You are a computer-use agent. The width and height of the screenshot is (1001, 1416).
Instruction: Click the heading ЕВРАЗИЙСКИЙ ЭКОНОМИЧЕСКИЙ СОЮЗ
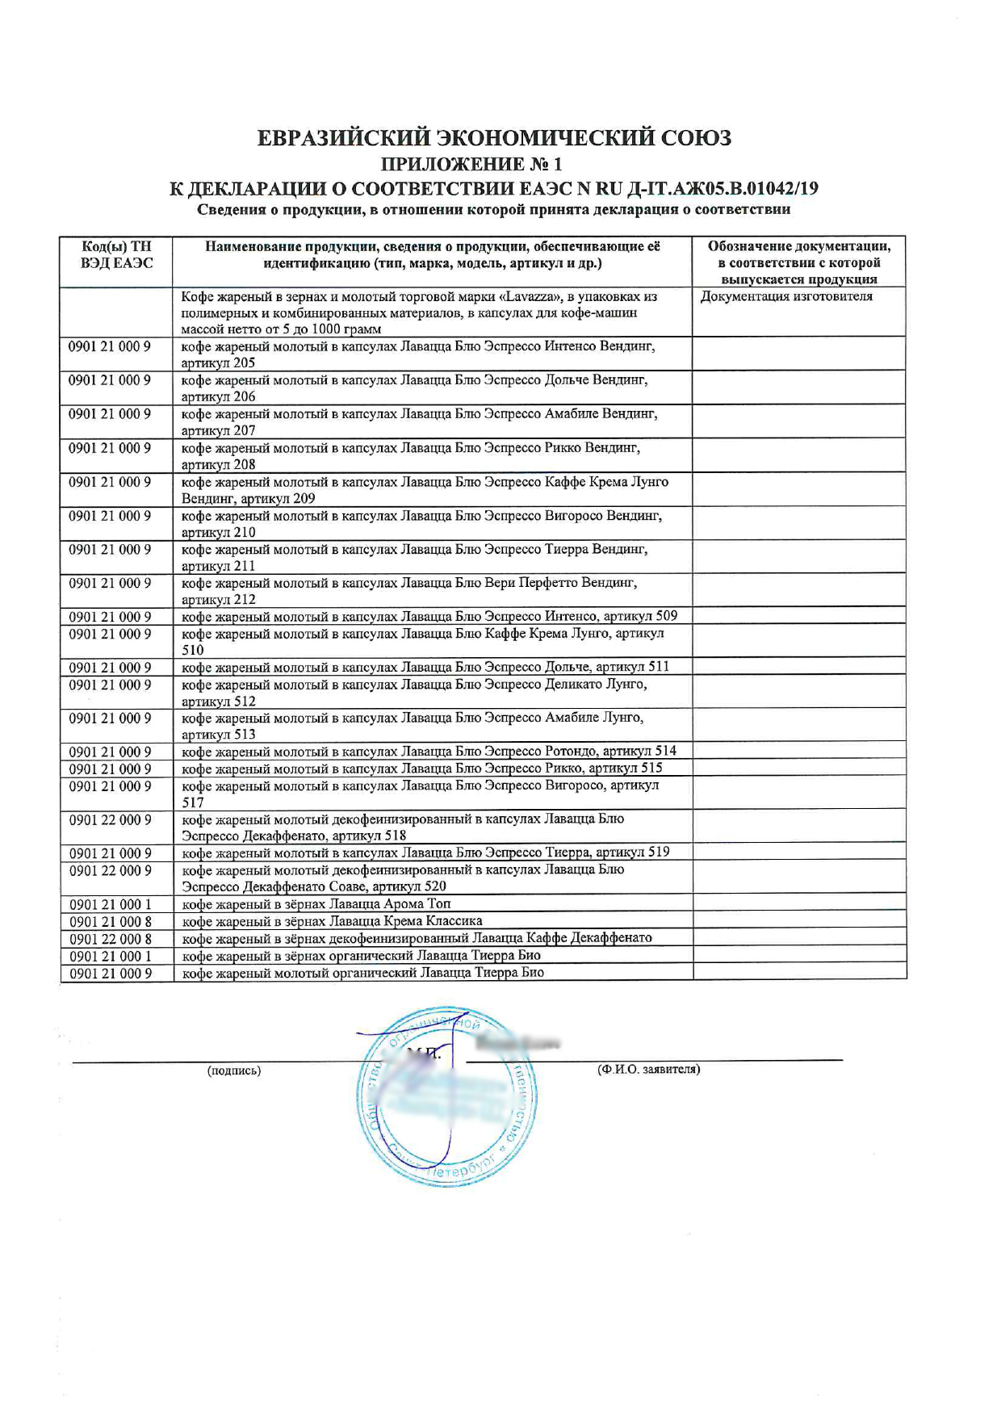[x=494, y=139]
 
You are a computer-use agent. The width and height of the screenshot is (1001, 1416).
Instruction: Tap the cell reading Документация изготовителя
[x=786, y=296]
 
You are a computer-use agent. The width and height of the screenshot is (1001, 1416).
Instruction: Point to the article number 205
[x=243, y=363]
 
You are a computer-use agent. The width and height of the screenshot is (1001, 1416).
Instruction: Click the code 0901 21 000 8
[x=111, y=921]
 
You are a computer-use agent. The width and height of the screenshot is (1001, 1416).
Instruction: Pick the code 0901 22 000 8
[x=111, y=938]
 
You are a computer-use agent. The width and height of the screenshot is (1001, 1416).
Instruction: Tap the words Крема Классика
[x=446, y=921]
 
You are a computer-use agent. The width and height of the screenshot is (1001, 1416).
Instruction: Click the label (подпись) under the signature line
[x=234, y=1070]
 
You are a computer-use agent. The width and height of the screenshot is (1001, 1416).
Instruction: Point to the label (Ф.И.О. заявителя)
[x=648, y=1070]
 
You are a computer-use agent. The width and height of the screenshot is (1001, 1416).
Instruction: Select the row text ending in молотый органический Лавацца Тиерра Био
[x=362, y=973]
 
